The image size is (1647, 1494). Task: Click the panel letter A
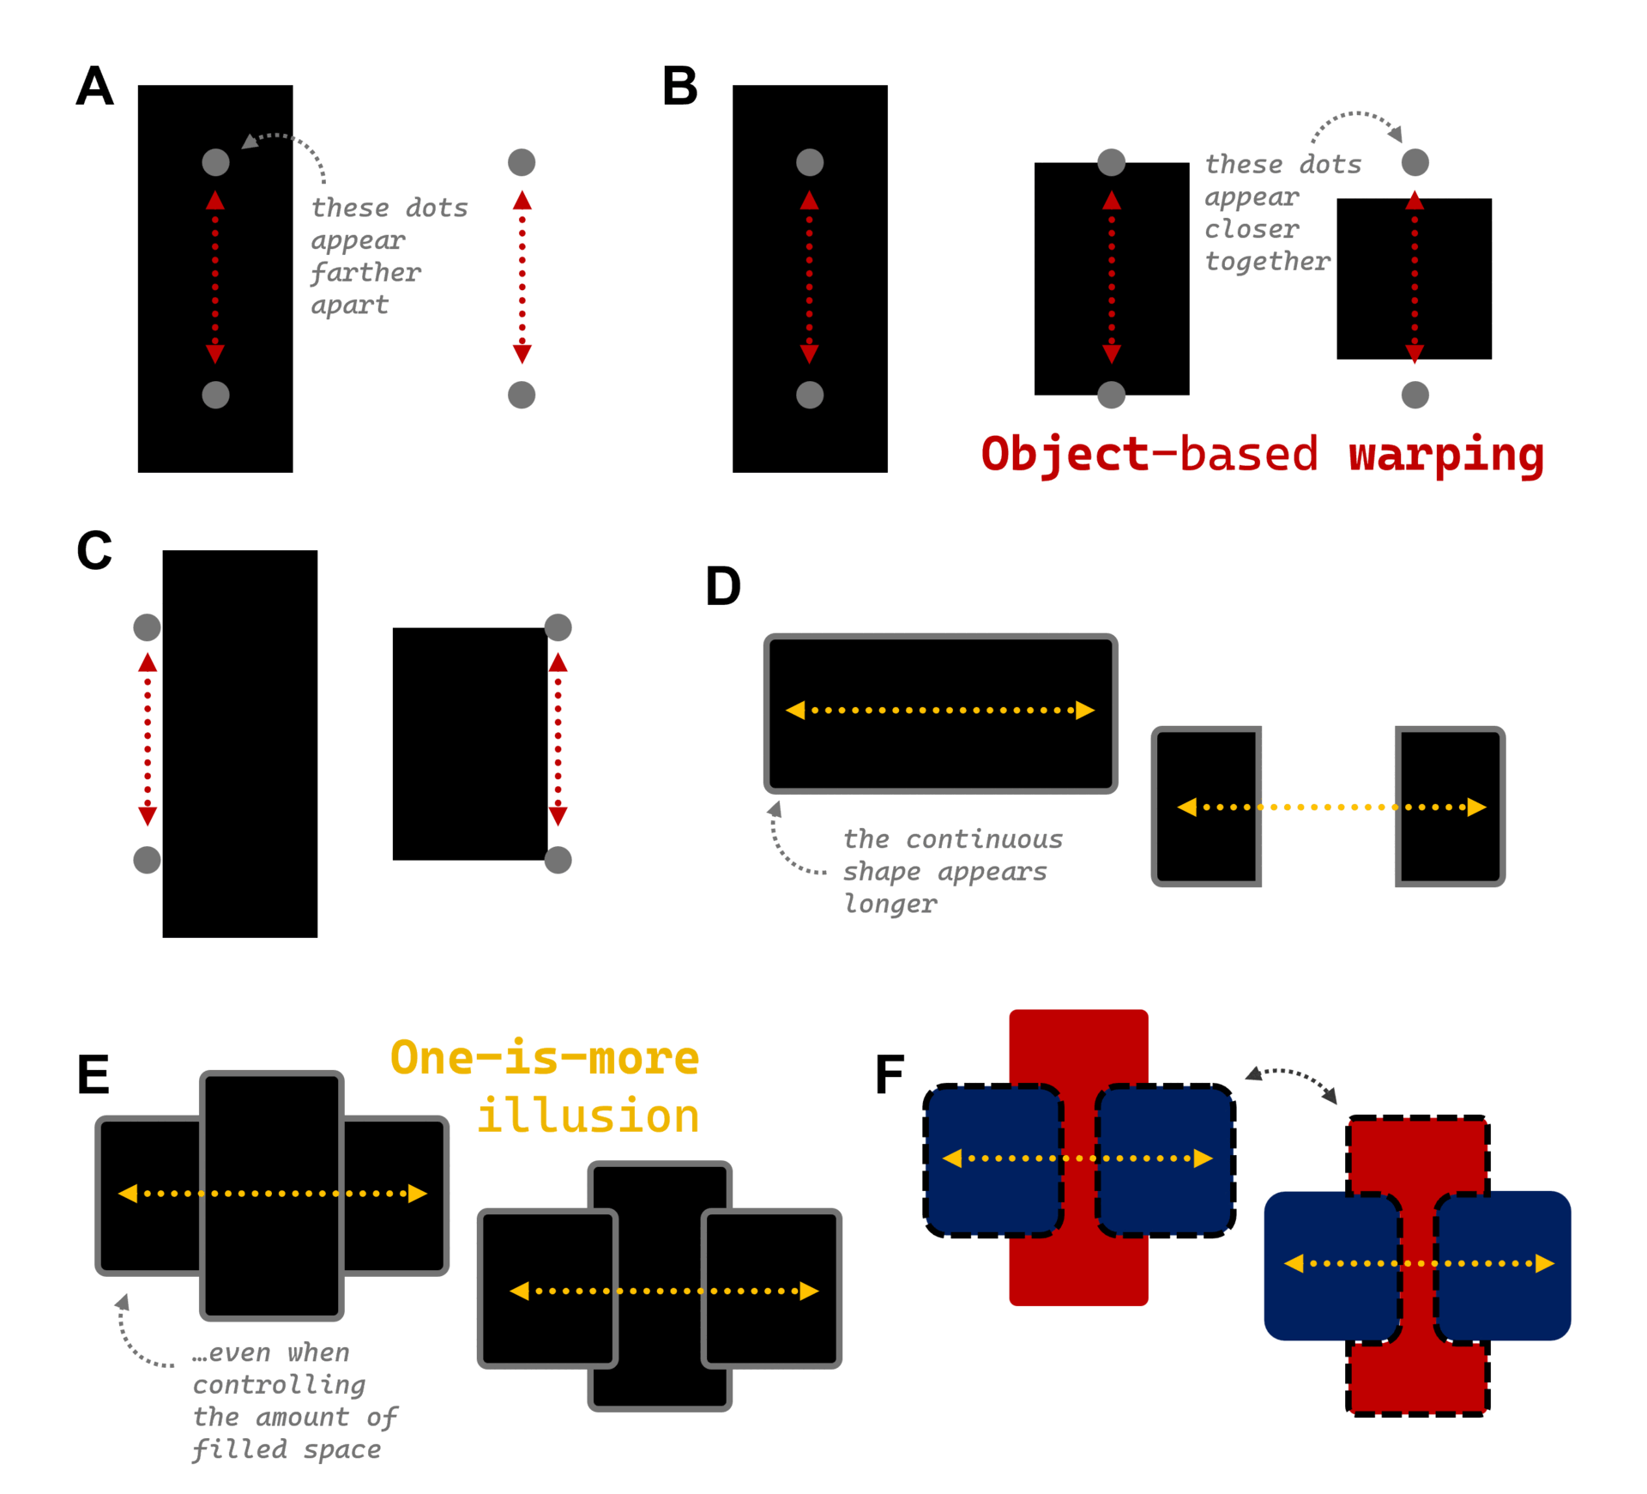coord(94,87)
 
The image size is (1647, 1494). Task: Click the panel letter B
coord(679,87)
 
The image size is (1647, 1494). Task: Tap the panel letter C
coord(94,550)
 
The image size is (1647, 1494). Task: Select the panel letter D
coord(722,587)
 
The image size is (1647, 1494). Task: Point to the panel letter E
coord(93,1074)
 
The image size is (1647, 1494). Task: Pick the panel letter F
coord(890,1074)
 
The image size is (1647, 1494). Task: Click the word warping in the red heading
coord(1445,455)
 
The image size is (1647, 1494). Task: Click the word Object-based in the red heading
coord(1149,455)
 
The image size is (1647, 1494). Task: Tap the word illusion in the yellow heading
coord(588,1116)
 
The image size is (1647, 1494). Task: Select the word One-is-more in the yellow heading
coord(545,1057)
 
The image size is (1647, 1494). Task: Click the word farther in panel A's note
coord(365,273)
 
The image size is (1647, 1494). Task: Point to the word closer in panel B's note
coord(1252,229)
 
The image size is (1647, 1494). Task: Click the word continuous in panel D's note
coord(984,838)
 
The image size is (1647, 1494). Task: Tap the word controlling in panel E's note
coord(279,1384)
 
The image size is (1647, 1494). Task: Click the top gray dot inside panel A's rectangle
coord(215,162)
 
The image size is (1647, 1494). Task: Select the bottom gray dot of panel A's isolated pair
coord(522,395)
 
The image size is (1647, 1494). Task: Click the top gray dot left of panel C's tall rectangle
coord(147,627)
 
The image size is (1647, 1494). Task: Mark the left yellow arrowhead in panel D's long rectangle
coord(796,711)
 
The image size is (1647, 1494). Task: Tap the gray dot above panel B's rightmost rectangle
coord(1415,162)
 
